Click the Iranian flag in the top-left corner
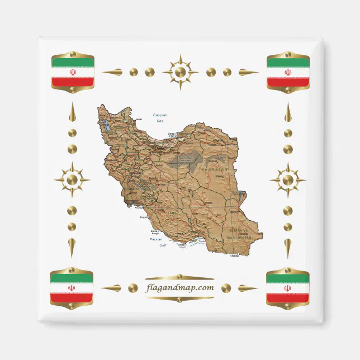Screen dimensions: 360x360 click(72, 73)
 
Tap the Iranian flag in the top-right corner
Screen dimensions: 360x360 click(288, 73)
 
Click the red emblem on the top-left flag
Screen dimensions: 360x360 click(72, 73)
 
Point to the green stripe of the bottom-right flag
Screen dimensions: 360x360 click(287, 278)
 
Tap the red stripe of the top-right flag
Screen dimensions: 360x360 click(288, 82)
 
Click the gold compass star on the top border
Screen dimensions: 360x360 click(180, 72)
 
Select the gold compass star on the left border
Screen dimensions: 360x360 click(72, 180)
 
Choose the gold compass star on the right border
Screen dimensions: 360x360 click(287, 180)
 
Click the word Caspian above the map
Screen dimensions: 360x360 click(160, 115)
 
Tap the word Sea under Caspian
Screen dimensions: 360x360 click(160, 121)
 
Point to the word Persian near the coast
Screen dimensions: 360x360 click(156, 239)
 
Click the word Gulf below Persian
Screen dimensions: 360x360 click(163, 245)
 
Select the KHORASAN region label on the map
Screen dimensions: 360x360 click(213, 168)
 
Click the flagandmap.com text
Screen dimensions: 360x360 click(179, 288)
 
